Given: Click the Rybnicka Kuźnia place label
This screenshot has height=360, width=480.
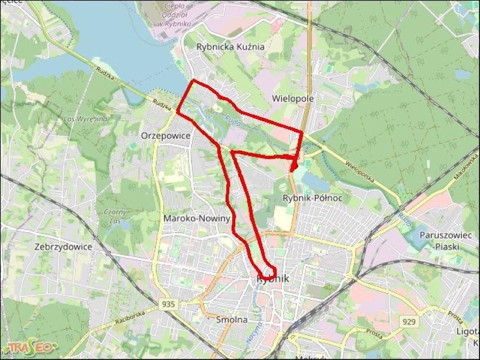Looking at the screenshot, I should (x=230, y=46).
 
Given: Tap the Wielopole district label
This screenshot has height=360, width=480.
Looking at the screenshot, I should (x=293, y=98).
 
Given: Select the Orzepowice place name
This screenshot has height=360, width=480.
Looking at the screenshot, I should (x=165, y=136).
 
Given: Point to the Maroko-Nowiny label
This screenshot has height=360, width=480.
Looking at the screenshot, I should (x=197, y=219).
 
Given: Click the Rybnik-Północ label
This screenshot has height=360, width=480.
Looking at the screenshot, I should (x=312, y=198).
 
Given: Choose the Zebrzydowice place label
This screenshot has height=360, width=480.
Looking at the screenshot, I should (x=63, y=247).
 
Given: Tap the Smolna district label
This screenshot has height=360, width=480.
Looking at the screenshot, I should (x=232, y=320).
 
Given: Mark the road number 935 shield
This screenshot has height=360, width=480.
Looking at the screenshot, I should (x=169, y=305).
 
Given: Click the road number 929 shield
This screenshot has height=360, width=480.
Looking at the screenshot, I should (x=409, y=322).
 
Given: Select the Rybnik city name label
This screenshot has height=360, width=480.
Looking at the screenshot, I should (x=273, y=280).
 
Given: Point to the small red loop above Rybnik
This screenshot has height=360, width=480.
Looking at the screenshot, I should (x=267, y=272).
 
